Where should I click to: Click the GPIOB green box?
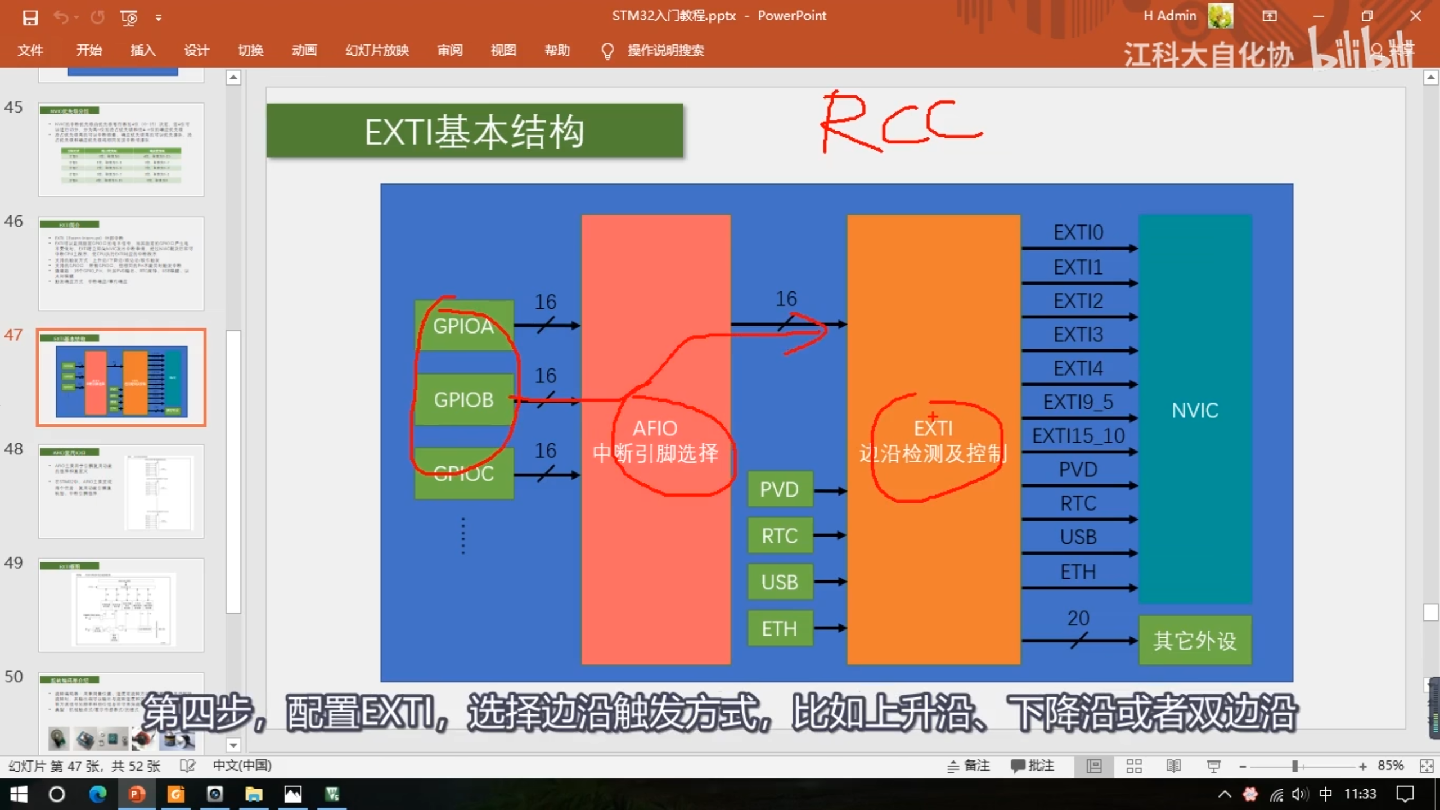463,399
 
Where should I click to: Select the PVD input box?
780,489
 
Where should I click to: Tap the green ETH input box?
780,628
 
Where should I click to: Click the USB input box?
780,582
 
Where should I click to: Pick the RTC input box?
780,535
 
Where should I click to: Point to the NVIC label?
1195,410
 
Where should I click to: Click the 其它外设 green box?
1195,640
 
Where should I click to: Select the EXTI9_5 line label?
1078,402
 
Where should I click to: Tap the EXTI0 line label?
1078,232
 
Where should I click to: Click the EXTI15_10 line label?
1078,436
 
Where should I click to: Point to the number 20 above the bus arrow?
1078,618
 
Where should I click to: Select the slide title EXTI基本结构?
474,131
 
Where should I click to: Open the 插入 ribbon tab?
143,50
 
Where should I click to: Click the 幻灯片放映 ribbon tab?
377,50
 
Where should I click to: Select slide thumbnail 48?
121,491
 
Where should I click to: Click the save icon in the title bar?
30,17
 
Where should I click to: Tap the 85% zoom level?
1390,766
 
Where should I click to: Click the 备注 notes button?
969,766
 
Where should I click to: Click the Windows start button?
19,794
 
